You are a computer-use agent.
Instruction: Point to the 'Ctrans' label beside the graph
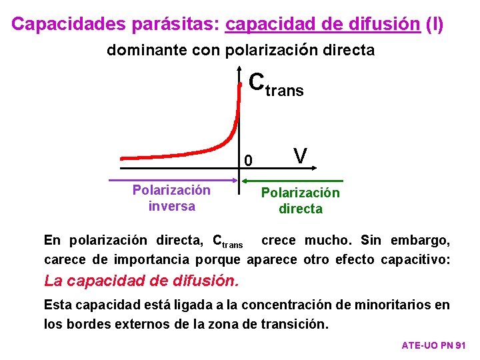tap(276, 84)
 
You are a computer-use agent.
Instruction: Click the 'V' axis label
tap(301, 156)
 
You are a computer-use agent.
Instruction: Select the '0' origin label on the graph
tap(249, 161)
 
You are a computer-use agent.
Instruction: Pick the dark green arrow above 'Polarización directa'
tap(293, 180)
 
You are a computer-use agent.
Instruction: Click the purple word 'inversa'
tap(171, 206)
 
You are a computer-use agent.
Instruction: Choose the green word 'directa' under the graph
tap(300, 209)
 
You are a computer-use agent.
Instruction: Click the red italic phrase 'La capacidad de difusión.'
tap(141, 281)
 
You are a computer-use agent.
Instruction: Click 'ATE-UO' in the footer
tap(419, 345)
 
